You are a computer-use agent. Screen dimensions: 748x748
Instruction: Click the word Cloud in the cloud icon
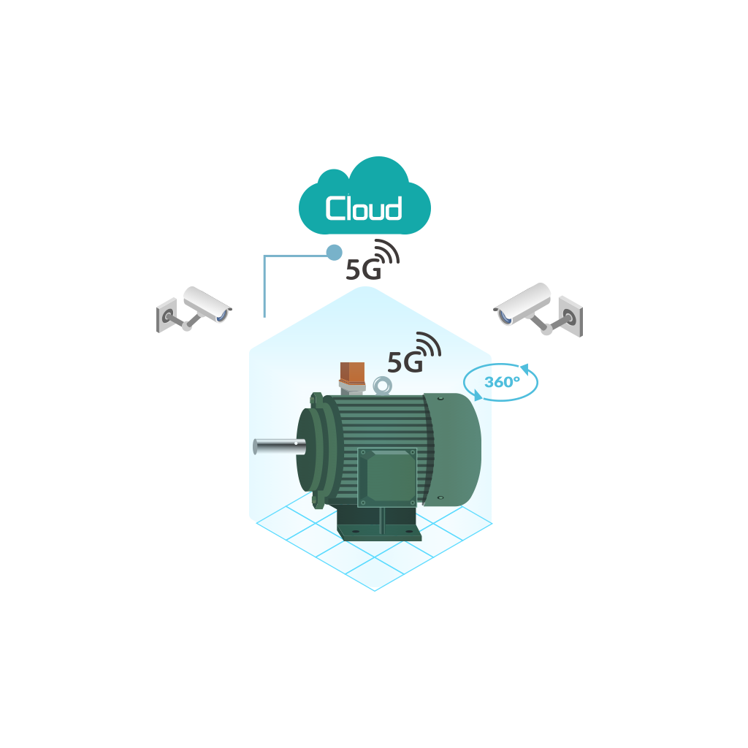click(x=364, y=208)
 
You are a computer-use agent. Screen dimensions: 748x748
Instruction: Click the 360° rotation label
click(x=502, y=381)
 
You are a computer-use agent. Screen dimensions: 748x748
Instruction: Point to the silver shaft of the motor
click(x=274, y=446)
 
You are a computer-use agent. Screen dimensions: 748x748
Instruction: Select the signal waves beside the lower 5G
click(x=429, y=344)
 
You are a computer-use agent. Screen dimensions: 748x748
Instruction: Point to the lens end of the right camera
click(x=503, y=315)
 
